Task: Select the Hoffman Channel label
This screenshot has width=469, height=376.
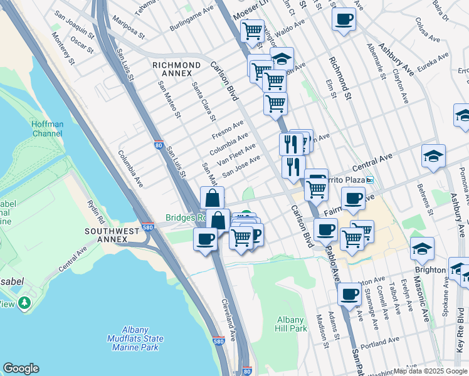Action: coord(47,128)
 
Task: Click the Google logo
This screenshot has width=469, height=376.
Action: coord(21,368)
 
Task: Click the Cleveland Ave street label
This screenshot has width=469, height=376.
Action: coord(228,320)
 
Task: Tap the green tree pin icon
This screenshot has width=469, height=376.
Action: coord(25,303)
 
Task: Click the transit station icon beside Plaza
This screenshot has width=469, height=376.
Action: coord(370,180)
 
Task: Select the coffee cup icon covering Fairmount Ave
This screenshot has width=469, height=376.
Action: coord(354,199)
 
